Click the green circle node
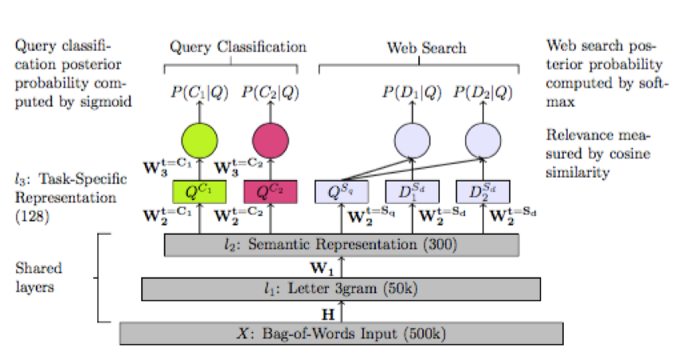click(x=199, y=141)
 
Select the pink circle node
click(x=270, y=141)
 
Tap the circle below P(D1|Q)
click(x=413, y=141)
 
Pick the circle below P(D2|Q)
click(x=482, y=141)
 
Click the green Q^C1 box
click(x=200, y=192)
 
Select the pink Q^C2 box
click(x=270, y=192)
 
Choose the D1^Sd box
click(x=413, y=192)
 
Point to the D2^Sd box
click(x=483, y=192)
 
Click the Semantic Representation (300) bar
click(x=341, y=245)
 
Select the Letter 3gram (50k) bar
click(x=341, y=288)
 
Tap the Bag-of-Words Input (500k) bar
click(x=341, y=333)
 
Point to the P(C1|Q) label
click(x=199, y=94)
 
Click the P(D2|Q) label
click(x=483, y=94)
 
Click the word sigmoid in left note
click(x=108, y=101)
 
